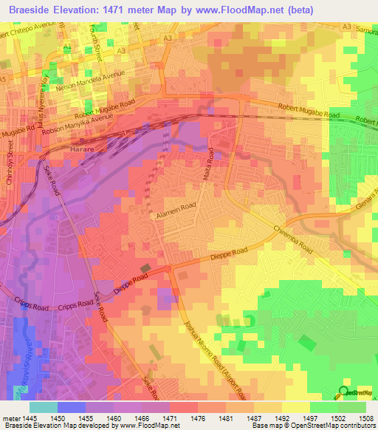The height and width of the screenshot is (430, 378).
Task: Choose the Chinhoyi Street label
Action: pyautogui.click(x=11, y=163)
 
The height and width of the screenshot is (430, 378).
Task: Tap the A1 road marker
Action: pyautogui.click(x=68, y=47)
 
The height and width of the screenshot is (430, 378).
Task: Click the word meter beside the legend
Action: pyautogui.click(x=11, y=419)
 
